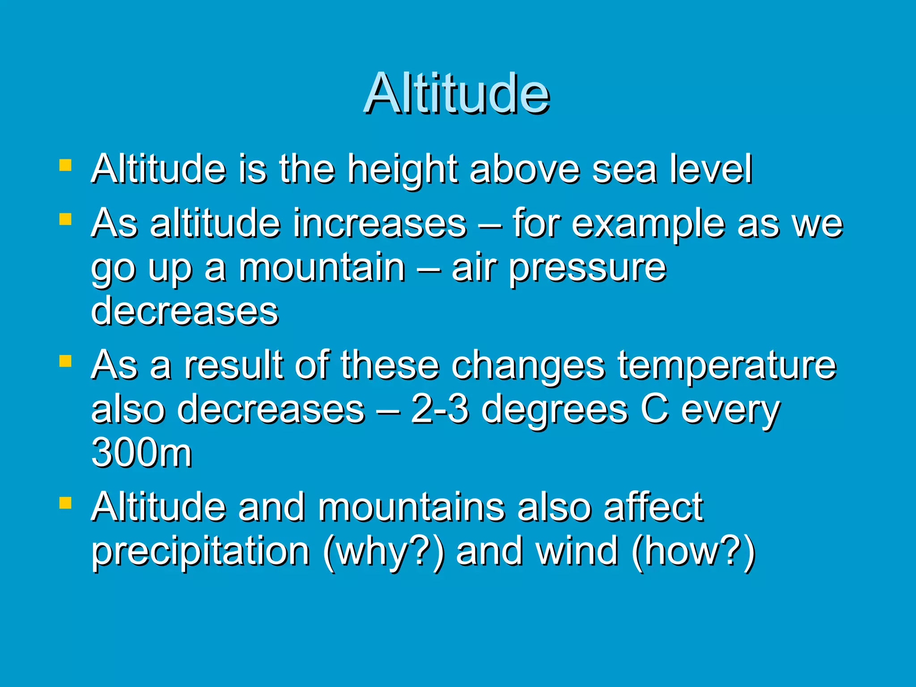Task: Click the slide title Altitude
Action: point(457,93)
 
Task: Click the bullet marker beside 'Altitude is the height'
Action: point(65,166)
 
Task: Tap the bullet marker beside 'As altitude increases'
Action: point(65,219)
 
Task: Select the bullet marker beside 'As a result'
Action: point(65,360)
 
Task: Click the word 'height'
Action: point(403,170)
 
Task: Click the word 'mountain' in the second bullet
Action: point(322,268)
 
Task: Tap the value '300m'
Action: point(142,453)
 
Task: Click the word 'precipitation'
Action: point(200,552)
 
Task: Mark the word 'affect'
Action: point(653,507)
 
